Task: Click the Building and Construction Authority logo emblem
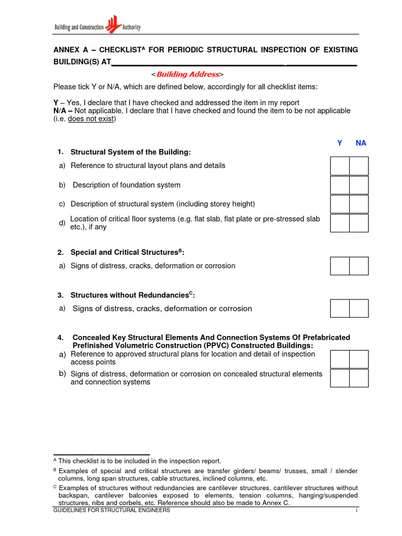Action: pos(112,24)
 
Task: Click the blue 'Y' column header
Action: pos(340,143)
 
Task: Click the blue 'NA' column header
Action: pos(361,143)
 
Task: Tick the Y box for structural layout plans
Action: pos(340,166)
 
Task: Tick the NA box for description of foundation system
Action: pos(359,185)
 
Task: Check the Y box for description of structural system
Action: pos(340,204)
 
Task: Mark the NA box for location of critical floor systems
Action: pos(359,223)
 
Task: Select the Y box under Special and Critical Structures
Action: pos(340,266)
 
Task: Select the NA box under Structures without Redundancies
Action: pos(359,308)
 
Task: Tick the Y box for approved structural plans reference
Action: pos(340,359)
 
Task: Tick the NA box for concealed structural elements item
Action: pos(359,378)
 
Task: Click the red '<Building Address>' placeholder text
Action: pos(187,74)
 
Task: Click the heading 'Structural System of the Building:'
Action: pos(131,152)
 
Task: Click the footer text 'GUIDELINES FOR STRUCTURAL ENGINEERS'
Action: pos(111,510)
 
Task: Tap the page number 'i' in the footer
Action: pos(356,510)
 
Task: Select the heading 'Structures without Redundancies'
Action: pos(130,296)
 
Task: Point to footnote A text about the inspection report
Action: pos(139,461)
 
